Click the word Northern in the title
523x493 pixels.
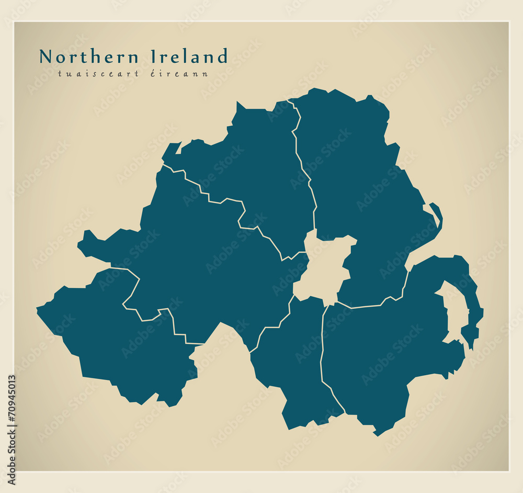click(89, 57)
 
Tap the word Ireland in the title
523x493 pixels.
click(189, 57)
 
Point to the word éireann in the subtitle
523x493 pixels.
click(186, 74)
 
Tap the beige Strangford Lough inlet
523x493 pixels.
click(454, 314)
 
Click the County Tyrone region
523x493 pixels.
click(204, 272)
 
